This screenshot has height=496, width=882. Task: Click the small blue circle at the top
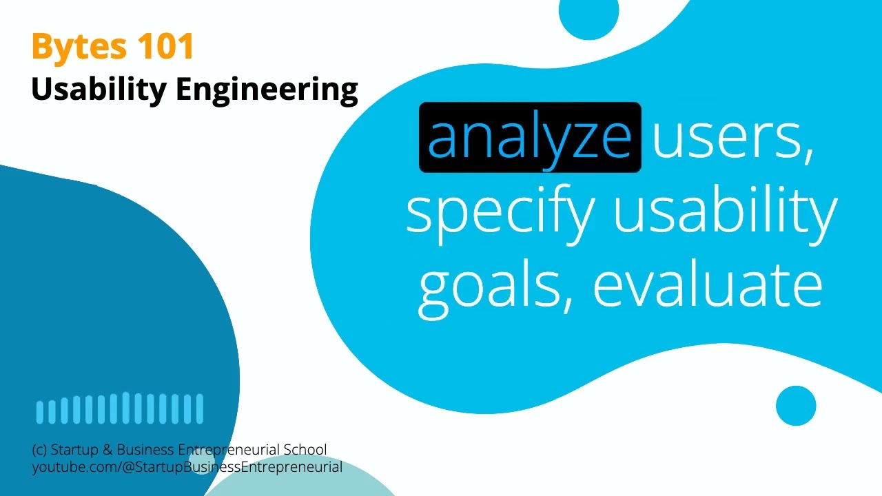pyautogui.click(x=588, y=15)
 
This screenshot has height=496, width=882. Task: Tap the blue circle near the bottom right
pyautogui.click(x=796, y=406)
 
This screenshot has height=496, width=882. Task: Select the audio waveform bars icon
pyautogui.click(x=120, y=409)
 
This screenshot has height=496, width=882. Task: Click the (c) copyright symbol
pyautogui.click(x=39, y=451)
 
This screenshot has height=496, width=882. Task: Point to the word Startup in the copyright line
pyautogui.click(x=75, y=450)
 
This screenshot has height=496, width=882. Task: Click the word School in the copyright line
pyautogui.click(x=306, y=450)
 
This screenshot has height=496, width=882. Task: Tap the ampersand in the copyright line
pyautogui.click(x=107, y=450)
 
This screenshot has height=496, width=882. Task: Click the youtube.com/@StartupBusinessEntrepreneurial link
pyautogui.click(x=187, y=467)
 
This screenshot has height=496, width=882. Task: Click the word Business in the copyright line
pyautogui.click(x=145, y=450)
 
